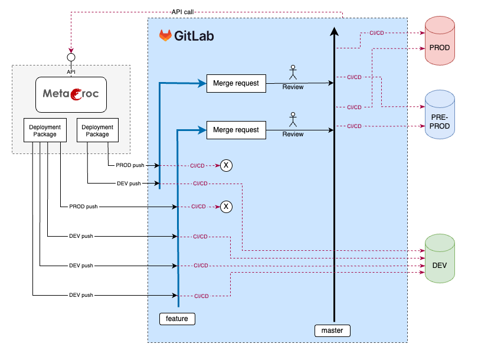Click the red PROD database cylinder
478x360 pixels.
(440, 41)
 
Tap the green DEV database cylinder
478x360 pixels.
(440, 258)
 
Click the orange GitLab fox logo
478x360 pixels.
(165, 35)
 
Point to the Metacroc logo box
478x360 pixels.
(71, 94)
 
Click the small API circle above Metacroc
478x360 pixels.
(71, 57)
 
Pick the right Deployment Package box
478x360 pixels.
(97, 130)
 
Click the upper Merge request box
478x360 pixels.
(236, 83)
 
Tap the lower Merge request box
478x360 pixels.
(236, 130)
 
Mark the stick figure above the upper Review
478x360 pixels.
(292, 73)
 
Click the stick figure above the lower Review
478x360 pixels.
(292, 120)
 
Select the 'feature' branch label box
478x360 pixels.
(177, 319)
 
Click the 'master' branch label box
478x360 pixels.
(332, 330)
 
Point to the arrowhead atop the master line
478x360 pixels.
(335, 32)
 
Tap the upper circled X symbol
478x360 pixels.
(226, 166)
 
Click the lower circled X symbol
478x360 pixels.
(226, 207)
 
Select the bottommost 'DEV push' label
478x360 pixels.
(81, 295)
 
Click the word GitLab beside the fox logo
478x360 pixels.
(194, 36)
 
